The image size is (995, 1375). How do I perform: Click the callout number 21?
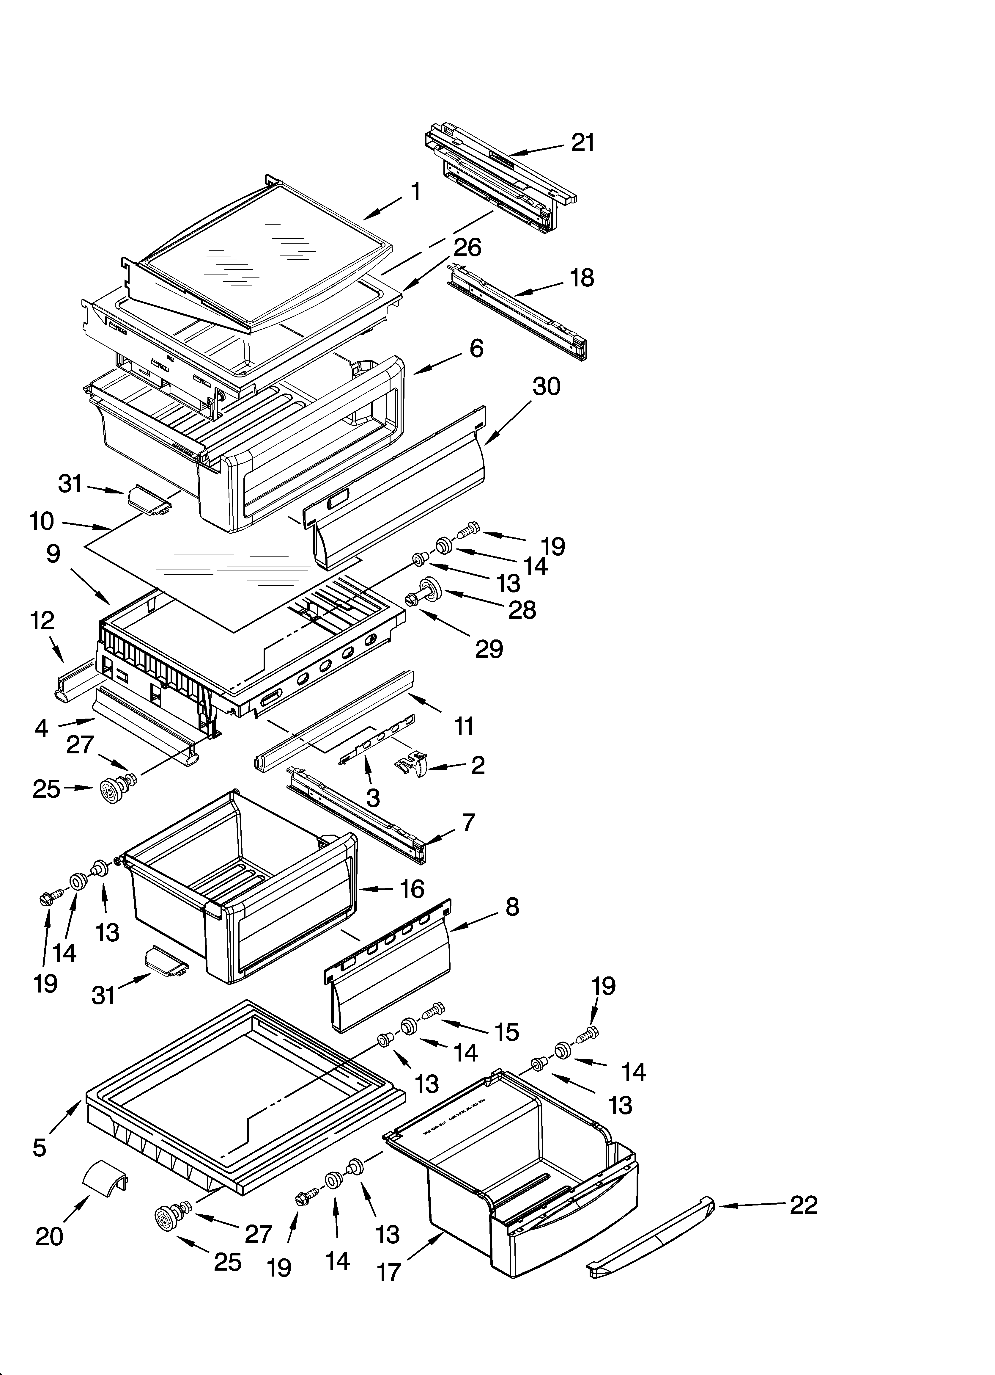click(583, 143)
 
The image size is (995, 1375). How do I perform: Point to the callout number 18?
click(582, 278)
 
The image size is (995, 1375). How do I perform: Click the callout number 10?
click(42, 521)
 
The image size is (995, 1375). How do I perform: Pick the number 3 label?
click(373, 798)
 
